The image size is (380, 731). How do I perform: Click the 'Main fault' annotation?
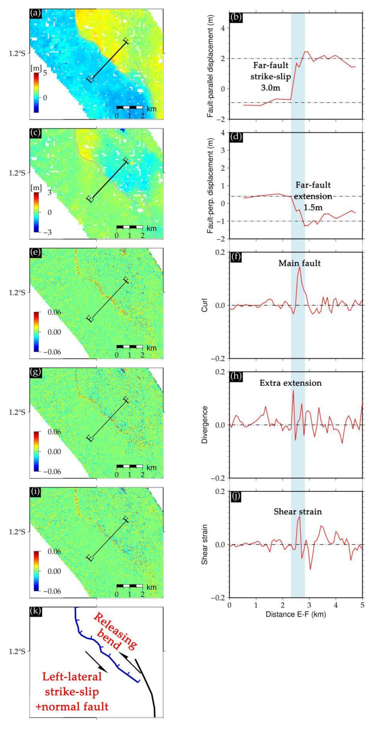[299, 263]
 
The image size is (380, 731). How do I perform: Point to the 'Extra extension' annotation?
[291, 383]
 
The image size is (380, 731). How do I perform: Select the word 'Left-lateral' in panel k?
[72, 677]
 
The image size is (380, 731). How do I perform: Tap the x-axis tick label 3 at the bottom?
[309, 605]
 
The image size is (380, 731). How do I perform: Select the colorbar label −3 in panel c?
[47, 233]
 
